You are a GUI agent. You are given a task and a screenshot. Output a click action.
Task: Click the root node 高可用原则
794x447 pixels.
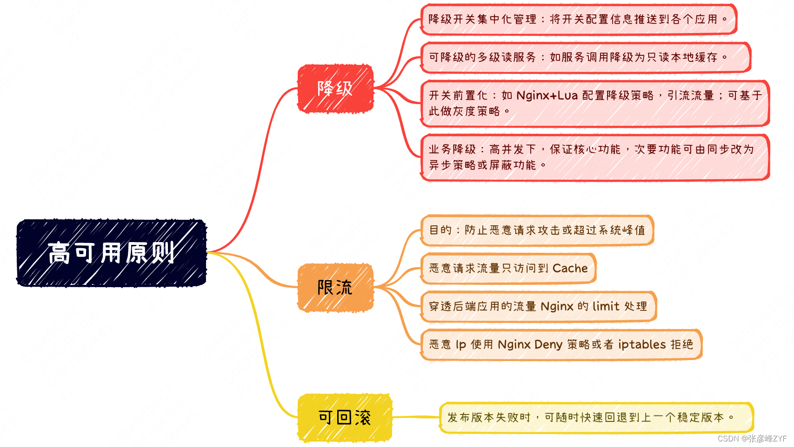pyautogui.click(x=111, y=253)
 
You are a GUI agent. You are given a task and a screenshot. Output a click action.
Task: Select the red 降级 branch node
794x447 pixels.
pyautogui.click(x=335, y=89)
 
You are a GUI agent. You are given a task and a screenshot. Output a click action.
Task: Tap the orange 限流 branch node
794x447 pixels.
pyautogui.click(x=335, y=288)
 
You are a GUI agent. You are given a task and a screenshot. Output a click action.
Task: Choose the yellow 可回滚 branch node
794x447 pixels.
pyautogui.click(x=345, y=418)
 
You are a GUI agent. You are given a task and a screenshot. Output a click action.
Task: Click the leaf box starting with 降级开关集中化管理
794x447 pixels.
pyautogui.click(x=579, y=19)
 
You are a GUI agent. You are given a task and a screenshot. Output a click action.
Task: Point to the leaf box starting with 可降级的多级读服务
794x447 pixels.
pyautogui.click(x=586, y=57)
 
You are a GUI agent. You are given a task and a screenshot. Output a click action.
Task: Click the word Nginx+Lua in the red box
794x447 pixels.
pyautogui.click(x=547, y=95)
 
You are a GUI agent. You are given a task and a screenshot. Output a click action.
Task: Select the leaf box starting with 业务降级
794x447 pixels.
pyautogui.click(x=595, y=157)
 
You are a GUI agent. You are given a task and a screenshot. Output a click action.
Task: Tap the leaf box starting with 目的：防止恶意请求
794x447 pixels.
pyautogui.click(x=537, y=230)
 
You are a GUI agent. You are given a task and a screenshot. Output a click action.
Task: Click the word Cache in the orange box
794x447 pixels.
pyautogui.click(x=570, y=268)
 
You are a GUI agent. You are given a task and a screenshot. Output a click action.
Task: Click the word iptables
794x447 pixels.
pyautogui.click(x=642, y=344)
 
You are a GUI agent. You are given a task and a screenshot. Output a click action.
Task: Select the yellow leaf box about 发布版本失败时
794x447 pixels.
pyautogui.click(x=597, y=418)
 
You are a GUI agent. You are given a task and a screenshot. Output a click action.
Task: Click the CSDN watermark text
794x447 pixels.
pyautogui.click(x=752, y=439)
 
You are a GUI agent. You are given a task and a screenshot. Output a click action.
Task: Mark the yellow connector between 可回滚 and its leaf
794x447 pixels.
pyautogui.click(x=416, y=417)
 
